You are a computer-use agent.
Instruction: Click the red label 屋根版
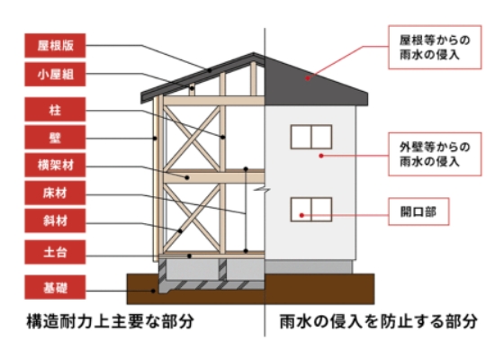[x=55, y=45]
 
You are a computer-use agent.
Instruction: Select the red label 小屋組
[x=55, y=74]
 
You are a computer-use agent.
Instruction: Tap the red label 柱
[x=55, y=109]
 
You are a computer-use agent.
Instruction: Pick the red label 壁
[x=55, y=138]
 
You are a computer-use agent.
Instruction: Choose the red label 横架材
[x=55, y=166]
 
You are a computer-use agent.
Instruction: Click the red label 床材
[x=55, y=193]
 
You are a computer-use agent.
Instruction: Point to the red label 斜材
[x=55, y=220]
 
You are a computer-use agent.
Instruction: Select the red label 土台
[x=55, y=252]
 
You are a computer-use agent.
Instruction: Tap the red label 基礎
[x=55, y=287]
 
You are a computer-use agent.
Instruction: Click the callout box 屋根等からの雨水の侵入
[x=435, y=47]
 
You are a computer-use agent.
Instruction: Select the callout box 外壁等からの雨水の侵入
[x=435, y=154]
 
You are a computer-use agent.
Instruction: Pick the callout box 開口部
[x=418, y=211]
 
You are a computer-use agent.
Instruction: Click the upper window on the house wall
[x=311, y=137]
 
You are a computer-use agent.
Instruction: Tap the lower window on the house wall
[x=311, y=210]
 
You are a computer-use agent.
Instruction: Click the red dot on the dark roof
[x=308, y=77]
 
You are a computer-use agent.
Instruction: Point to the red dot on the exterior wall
[x=320, y=156]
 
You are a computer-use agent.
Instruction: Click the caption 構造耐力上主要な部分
[x=110, y=321]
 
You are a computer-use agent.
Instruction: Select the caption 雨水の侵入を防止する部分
[x=379, y=321]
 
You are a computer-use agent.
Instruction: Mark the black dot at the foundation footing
[x=153, y=291]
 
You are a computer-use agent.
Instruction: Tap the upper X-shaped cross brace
[x=192, y=139]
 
